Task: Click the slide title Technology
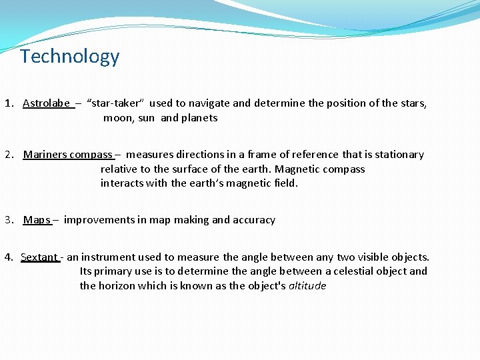coord(70,57)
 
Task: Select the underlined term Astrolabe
coord(47,103)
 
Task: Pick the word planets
coord(199,118)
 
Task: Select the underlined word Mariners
coord(45,155)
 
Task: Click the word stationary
coord(399,155)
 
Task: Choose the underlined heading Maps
coord(37,220)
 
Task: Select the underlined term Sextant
coord(39,257)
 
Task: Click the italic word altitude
coord(307,286)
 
